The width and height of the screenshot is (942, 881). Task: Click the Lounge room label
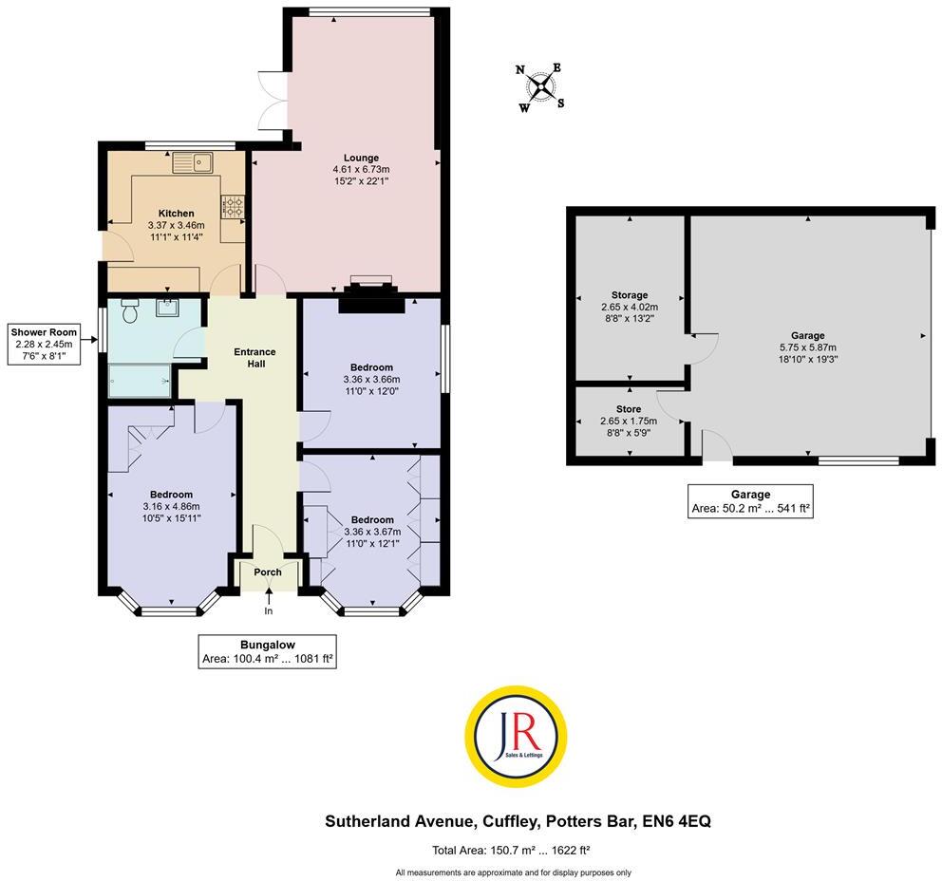click(x=361, y=158)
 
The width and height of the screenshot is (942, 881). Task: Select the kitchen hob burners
click(x=233, y=206)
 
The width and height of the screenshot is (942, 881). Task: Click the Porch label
click(x=268, y=572)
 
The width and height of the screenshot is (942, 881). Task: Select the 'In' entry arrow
click(x=269, y=602)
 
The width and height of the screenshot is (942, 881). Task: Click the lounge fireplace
click(x=371, y=296)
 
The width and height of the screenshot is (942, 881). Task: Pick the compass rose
click(x=541, y=86)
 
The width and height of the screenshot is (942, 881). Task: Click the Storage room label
click(x=630, y=295)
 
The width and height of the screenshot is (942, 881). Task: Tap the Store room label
click(x=630, y=409)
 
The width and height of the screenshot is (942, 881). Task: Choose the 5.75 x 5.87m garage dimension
click(x=808, y=347)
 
